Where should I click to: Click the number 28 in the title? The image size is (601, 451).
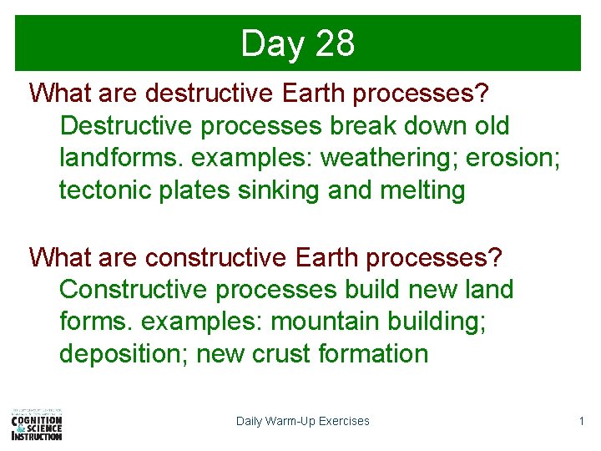click(335, 43)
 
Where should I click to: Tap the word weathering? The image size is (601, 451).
click(388, 158)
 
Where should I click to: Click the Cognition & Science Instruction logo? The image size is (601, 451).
click(37, 423)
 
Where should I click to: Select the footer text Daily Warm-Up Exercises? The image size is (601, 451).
click(302, 421)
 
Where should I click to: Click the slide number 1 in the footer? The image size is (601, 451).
click(582, 421)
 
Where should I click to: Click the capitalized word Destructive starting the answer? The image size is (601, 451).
click(125, 126)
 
